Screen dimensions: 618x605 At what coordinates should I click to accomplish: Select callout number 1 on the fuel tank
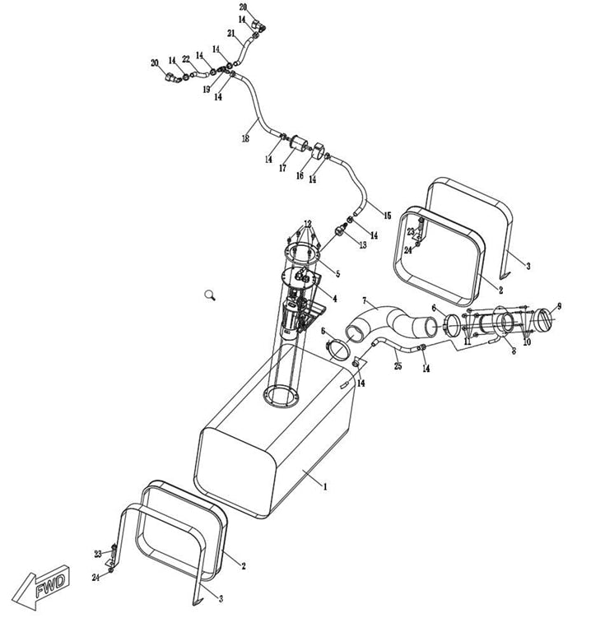(x=325, y=487)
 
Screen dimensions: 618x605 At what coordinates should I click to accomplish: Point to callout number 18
(x=245, y=140)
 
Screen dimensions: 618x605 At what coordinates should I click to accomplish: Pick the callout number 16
(x=300, y=175)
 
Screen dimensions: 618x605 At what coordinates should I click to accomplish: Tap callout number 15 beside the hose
(x=387, y=216)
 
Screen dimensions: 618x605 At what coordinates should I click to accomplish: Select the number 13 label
(x=362, y=245)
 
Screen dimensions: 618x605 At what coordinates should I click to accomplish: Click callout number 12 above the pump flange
(x=307, y=224)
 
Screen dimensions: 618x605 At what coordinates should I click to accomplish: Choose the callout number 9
(x=559, y=306)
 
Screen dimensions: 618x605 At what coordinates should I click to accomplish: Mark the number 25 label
(x=398, y=365)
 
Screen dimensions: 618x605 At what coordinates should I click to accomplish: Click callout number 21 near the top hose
(x=231, y=34)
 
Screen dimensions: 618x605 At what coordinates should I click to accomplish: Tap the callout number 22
(x=186, y=58)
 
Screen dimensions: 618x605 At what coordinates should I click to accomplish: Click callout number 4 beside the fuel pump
(x=334, y=298)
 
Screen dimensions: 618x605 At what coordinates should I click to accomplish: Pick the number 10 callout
(x=527, y=342)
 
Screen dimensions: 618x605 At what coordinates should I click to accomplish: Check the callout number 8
(x=513, y=351)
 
